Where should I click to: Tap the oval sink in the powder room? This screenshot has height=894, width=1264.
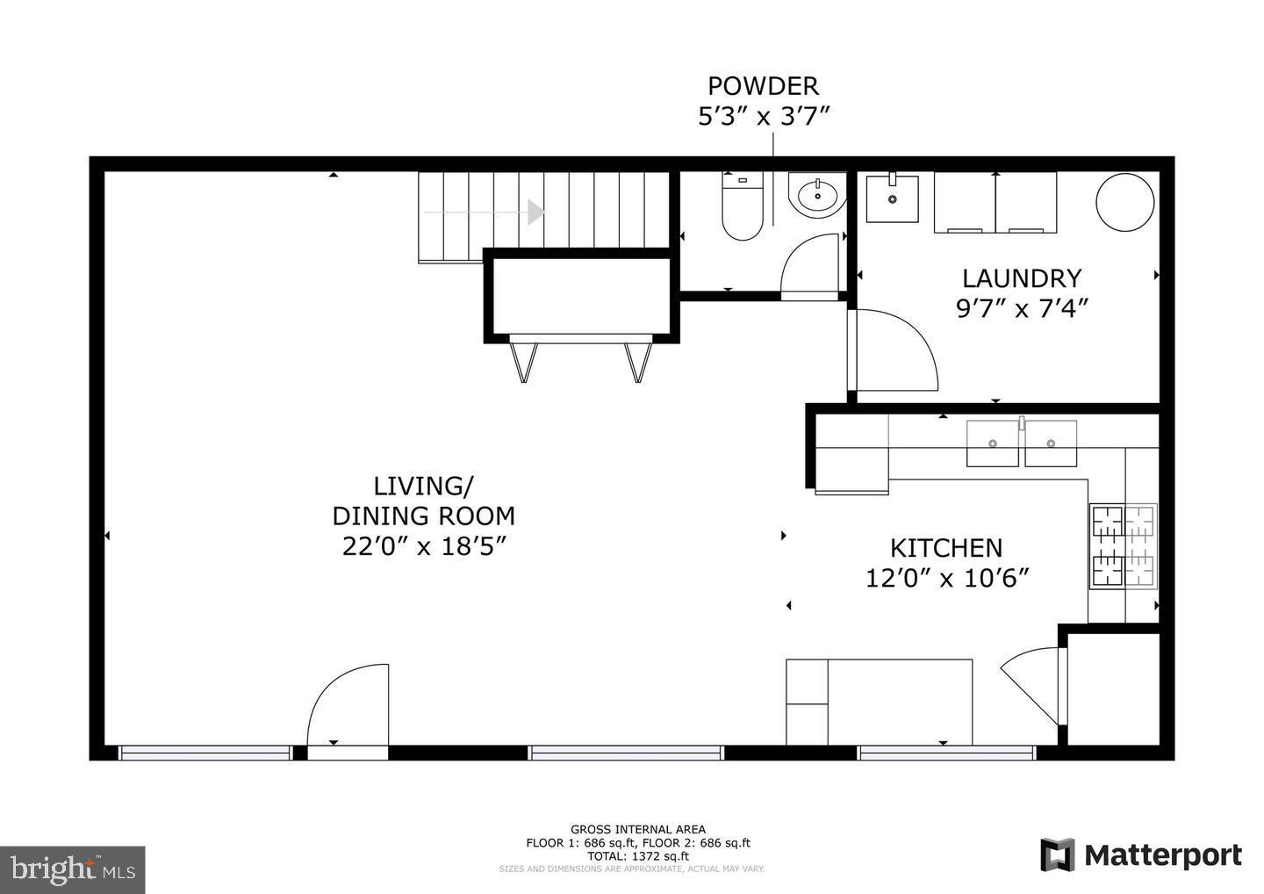[x=817, y=194]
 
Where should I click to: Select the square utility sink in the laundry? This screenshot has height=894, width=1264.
[x=892, y=198]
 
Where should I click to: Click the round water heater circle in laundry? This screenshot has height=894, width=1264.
[x=1124, y=202]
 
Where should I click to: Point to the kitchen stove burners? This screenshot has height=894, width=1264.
[x=1123, y=545]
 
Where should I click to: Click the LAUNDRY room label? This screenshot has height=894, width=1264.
[x=1021, y=278]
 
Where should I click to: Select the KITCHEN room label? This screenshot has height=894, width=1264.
[x=945, y=548]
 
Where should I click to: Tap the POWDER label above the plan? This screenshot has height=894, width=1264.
[x=763, y=86]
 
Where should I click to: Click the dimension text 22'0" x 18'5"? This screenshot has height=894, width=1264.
[x=425, y=546]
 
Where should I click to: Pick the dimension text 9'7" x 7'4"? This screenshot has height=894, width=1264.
[x=1021, y=308]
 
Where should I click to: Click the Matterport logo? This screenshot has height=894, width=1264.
[x=1141, y=854]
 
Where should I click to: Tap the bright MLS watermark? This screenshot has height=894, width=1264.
[x=72, y=869]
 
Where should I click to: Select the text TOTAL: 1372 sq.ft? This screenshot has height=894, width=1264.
[x=637, y=855]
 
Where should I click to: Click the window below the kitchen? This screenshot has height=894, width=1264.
[x=945, y=753]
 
